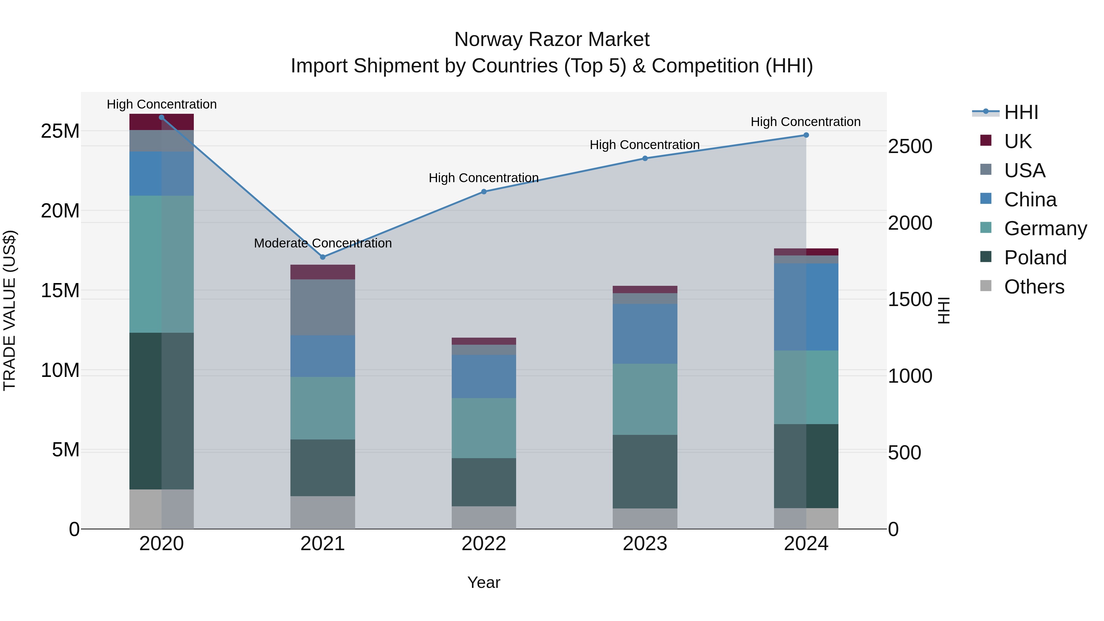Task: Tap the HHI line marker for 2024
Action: [806, 135]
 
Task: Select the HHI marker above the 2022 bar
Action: [484, 192]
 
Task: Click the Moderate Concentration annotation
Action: [323, 243]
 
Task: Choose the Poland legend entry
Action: [1035, 258]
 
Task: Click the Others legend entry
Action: [1034, 287]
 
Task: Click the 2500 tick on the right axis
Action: [910, 147]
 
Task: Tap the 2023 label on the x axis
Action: [645, 544]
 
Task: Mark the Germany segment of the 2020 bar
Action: [162, 264]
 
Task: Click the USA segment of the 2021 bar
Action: [323, 307]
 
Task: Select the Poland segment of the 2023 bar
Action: [645, 471]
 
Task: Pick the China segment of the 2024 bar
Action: [806, 307]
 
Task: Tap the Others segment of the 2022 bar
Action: [484, 517]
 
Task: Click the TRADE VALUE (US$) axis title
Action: [10, 310]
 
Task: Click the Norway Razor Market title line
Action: [552, 40]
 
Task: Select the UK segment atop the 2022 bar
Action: [484, 341]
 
